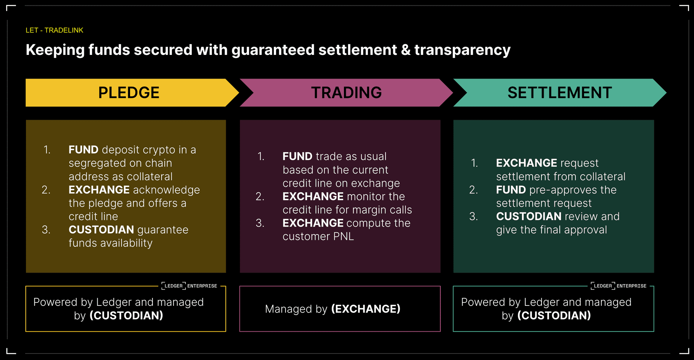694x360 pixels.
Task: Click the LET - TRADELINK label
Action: point(54,30)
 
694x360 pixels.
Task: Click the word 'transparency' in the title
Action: point(462,50)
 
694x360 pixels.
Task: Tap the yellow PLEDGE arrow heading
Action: point(129,93)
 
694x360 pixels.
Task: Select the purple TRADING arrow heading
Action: point(346,93)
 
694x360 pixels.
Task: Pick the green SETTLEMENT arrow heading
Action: point(559,93)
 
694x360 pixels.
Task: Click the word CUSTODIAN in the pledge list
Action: point(101,230)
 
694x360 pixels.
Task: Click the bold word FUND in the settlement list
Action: point(511,190)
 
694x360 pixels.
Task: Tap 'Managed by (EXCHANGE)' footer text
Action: point(333,309)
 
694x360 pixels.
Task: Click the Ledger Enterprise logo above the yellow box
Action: point(189,286)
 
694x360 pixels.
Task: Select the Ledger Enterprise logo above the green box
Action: point(618,286)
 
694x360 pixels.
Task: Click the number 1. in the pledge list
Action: point(47,150)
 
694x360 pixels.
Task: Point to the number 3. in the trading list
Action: point(260,223)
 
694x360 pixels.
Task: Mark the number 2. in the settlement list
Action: point(474,190)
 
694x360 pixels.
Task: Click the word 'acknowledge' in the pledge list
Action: point(166,190)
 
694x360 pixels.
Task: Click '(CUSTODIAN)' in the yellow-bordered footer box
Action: point(126,315)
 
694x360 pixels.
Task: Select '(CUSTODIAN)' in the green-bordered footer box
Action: point(554,315)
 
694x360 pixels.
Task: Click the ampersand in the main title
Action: point(406,50)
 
